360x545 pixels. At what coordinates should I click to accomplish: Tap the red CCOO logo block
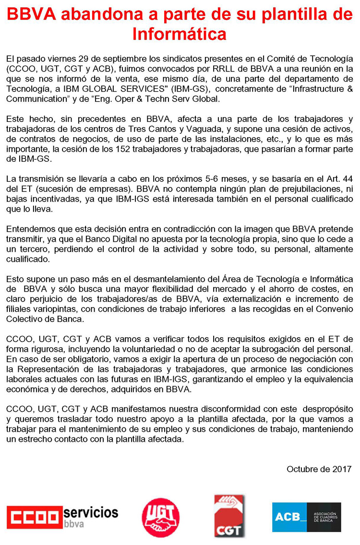tap(35, 517)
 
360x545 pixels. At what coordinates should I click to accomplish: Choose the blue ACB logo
tap(306, 517)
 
